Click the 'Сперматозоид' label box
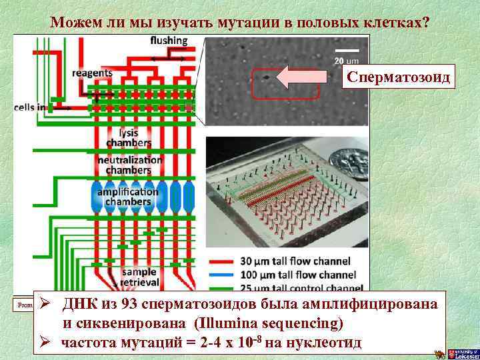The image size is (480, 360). [x=397, y=78]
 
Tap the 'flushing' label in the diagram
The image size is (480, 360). [x=169, y=41]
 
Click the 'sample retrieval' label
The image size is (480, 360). [x=138, y=277]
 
